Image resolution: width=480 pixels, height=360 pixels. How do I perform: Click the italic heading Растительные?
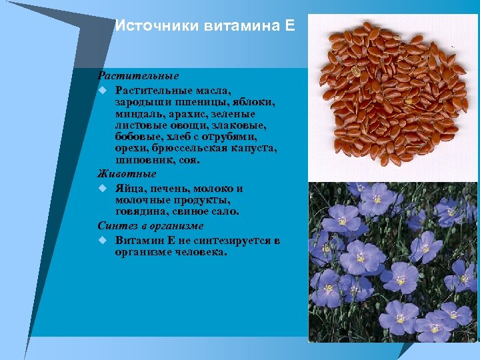point(138,77)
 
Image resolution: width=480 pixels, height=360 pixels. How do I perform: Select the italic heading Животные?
point(127,174)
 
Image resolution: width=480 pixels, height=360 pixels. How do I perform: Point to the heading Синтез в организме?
point(150,226)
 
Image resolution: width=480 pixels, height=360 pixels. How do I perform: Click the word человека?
point(199,252)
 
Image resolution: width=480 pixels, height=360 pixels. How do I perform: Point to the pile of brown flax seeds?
point(391,93)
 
